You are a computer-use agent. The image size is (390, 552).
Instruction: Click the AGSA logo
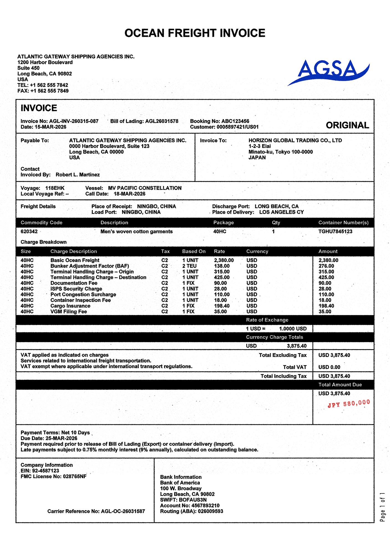point(329,72)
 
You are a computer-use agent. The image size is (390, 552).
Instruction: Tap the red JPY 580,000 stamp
point(349,404)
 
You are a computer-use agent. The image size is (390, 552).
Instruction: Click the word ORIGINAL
point(347,125)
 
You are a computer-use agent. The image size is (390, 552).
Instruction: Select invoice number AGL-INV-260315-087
point(74,121)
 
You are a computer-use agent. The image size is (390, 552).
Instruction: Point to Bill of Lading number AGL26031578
point(162,121)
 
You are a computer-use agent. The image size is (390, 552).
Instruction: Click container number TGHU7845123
point(335,231)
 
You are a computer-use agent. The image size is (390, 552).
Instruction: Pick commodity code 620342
point(29,231)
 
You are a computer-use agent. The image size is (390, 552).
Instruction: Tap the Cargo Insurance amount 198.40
point(326,306)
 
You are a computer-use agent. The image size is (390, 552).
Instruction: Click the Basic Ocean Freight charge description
point(75,260)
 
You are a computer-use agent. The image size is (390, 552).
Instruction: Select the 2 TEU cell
point(189,266)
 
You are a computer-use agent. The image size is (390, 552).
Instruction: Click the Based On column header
point(194,251)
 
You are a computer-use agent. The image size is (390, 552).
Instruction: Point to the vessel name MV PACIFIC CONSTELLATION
point(145,188)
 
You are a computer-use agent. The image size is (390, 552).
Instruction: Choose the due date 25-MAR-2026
point(61,438)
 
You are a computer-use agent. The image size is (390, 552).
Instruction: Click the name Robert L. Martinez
point(78,175)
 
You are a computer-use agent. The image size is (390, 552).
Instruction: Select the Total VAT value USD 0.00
point(329,367)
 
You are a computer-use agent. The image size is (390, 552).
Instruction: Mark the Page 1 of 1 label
point(382,507)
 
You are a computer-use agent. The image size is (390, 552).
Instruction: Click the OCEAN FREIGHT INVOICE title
point(195,33)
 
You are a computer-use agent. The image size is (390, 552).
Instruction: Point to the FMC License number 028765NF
point(75,477)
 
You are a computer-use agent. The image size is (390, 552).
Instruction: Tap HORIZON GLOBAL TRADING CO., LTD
point(295,140)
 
